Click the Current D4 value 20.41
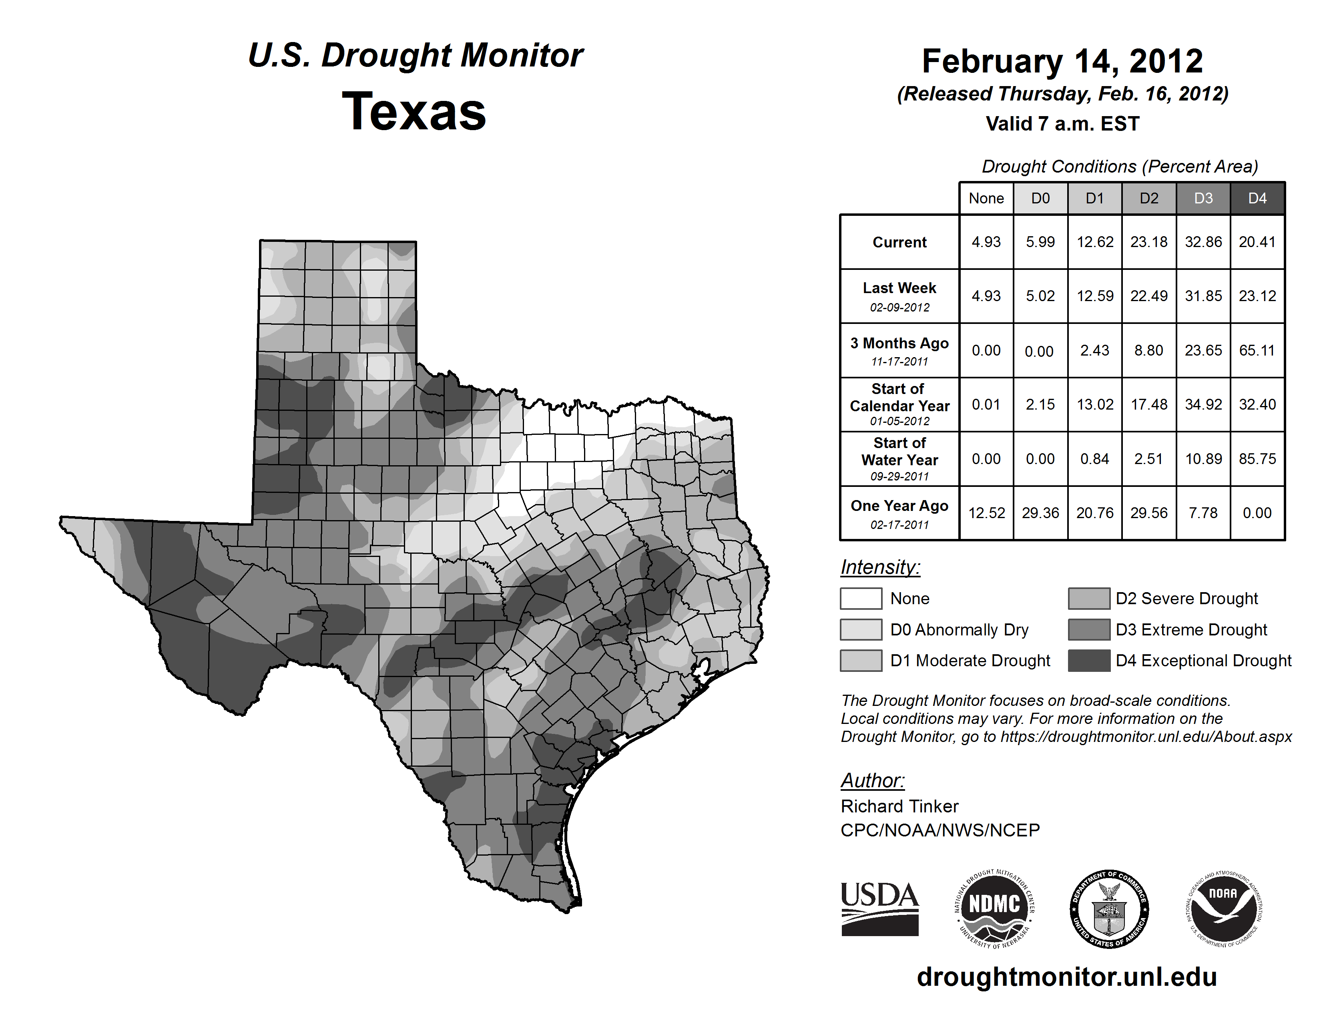pos(1257,242)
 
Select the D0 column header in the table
pos(1040,198)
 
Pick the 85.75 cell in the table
pos(1257,459)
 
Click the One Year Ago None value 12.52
pos(986,513)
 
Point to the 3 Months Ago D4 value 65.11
pos(1257,350)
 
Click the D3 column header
pos(1203,198)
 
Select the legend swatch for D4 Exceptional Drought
pos(1089,661)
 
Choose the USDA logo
pos(879,908)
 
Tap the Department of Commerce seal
pos(1109,908)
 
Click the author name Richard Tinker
pos(899,806)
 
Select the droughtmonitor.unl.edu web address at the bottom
pos(1066,977)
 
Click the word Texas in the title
pos(414,112)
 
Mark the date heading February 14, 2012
pos(1062,61)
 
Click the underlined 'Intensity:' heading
pos(880,567)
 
